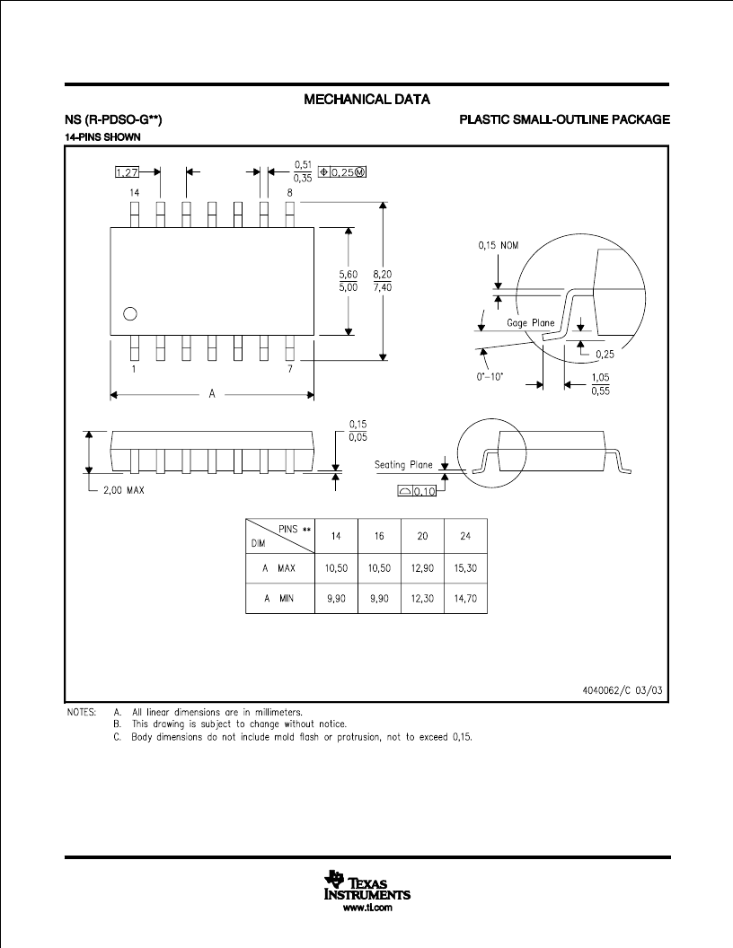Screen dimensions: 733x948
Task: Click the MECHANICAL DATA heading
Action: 366,99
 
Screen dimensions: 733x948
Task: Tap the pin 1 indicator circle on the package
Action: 129,314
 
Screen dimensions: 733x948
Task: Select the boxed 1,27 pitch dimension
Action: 127,172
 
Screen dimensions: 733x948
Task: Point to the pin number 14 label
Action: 134,192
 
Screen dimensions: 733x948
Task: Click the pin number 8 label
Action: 289,192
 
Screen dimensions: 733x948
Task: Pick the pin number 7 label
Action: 289,369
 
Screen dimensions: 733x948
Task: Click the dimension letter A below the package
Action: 212,394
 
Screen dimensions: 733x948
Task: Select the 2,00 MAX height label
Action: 123,490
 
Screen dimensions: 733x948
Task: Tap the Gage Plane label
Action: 530,323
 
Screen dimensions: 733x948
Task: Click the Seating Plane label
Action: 403,464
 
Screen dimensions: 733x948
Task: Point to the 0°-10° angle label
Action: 490,377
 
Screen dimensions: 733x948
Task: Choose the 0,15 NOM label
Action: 499,245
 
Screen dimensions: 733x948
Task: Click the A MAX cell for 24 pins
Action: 465,568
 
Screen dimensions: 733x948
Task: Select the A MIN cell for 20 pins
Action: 422,599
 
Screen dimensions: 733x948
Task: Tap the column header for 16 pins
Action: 379,536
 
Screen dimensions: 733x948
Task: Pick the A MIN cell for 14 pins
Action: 336,599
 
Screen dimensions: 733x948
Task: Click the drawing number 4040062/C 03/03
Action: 623,689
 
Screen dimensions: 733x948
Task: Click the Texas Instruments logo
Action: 367,886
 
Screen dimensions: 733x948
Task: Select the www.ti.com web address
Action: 367,908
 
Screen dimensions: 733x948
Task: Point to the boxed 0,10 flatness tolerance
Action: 417,491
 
